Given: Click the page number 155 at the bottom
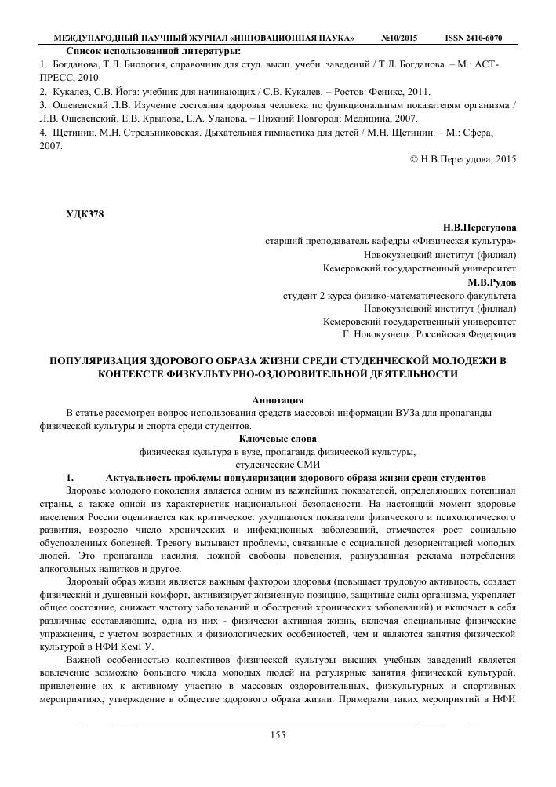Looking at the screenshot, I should click(278, 735).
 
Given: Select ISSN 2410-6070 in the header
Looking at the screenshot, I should click(473, 38).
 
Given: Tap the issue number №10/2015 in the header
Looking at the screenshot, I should click(399, 38).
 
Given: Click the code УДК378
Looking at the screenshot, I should click(85, 213).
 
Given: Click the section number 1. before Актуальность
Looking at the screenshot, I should click(71, 477).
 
